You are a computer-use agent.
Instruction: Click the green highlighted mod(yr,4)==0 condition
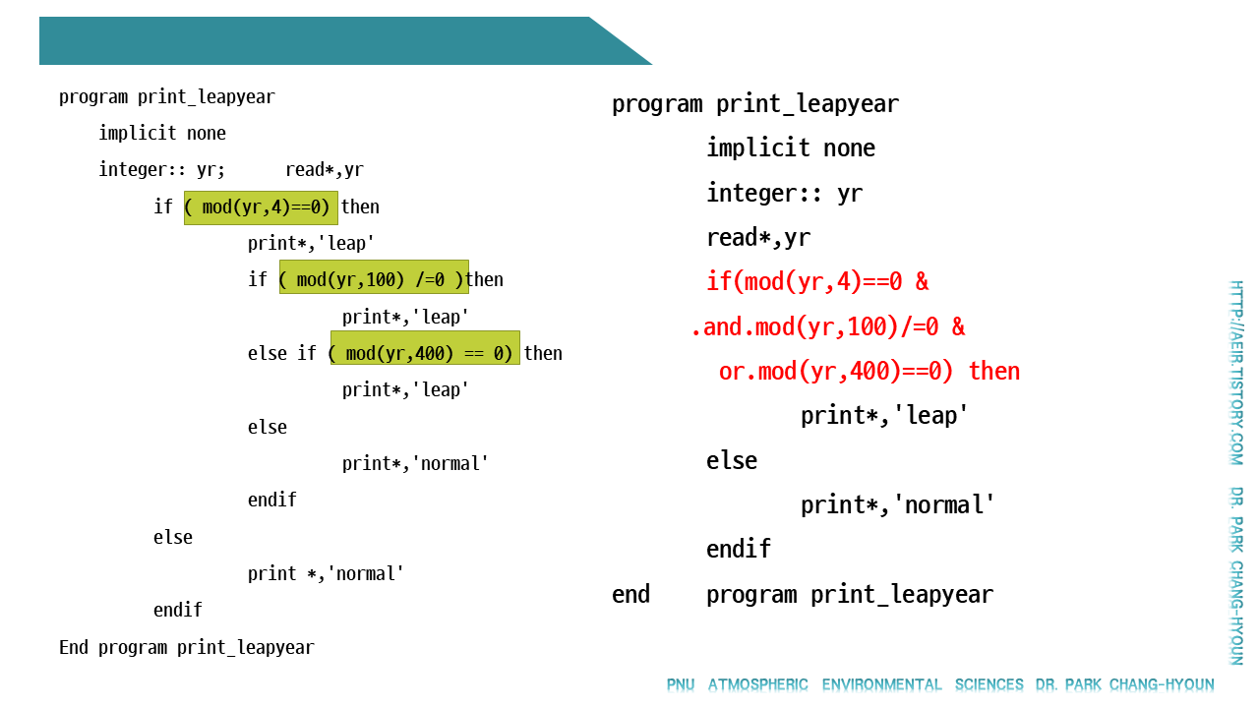point(261,206)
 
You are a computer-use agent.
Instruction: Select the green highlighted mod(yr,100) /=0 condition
point(373,279)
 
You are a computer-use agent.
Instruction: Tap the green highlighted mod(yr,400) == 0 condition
point(424,352)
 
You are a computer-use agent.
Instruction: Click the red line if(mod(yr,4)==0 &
point(816,282)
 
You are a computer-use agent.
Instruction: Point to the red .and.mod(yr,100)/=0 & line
point(827,326)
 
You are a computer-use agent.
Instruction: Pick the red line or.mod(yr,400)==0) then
point(869,372)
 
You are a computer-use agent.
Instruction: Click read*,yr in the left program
point(324,170)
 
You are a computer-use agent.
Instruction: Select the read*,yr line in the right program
point(757,238)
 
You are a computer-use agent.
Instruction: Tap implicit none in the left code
point(162,133)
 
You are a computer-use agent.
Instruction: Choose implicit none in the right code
point(790,148)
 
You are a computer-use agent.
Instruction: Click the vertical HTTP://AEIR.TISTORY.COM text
point(1236,373)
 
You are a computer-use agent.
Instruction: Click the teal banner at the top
point(325,40)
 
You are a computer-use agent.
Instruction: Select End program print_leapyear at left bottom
point(186,647)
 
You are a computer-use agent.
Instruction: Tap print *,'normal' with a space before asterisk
point(326,573)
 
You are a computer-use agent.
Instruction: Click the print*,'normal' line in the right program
point(897,505)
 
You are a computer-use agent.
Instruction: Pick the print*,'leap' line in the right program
point(884,416)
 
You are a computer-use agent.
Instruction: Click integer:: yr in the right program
point(784,194)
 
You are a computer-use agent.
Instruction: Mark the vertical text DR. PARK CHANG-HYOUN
point(1236,575)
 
